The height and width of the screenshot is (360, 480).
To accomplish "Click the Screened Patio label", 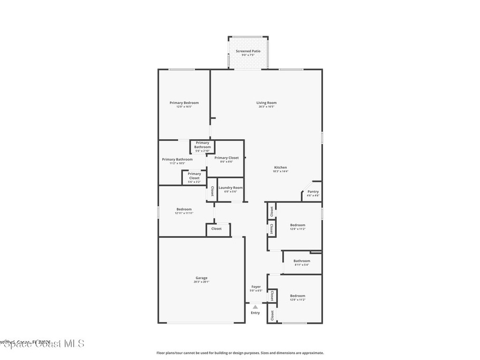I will [x=248, y=51].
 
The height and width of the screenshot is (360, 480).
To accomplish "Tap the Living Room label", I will [x=266, y=103].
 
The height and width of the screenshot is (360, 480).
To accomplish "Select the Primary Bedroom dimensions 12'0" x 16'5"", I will [x=184, y=107].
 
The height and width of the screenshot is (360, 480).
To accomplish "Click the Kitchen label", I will [x=280, y=167].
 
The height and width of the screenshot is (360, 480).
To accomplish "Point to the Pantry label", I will [x=313, y=191].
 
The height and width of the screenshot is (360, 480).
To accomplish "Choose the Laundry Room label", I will [x=231, y=187].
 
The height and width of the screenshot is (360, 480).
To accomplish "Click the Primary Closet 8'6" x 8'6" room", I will [x=226, y=158].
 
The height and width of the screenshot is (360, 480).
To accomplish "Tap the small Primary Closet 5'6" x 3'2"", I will [x=194, y=176].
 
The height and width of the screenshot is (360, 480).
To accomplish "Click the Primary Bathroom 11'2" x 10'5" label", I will [x=177, y=159].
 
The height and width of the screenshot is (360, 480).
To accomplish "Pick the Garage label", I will [x=201, y=278].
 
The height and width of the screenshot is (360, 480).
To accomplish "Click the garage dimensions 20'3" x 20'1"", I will [x=201, y=282].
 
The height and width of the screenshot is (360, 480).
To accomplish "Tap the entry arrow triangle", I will [x=255, y=307].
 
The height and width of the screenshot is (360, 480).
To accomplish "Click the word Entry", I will [x=255, y=313].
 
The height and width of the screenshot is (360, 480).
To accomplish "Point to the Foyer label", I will [x=256, y=286].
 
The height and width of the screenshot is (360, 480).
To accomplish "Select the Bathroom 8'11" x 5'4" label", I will [x=302, y=261].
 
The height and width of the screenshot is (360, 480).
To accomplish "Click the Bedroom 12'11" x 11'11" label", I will [x=184, y=209].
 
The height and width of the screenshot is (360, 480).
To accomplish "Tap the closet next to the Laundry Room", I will [x=212, y=190].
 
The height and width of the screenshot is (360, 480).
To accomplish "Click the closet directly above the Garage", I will [x=217, y=229].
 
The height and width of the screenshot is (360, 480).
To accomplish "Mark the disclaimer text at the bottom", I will [x=240, y=353].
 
